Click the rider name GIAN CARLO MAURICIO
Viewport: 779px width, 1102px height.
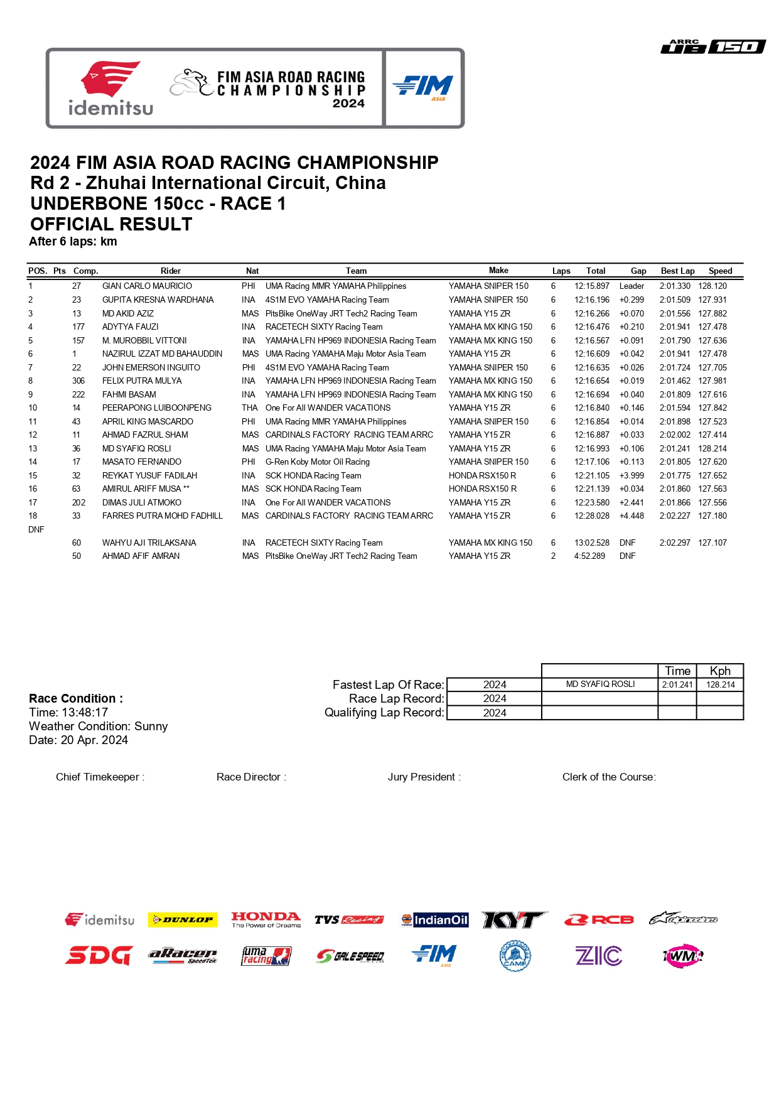pyautogui.click(x=147, y=286)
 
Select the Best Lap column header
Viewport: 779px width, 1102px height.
pyautogui.click(x=677, y=271)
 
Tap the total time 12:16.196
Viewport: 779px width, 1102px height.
pyautogui.click(x=591, y=300)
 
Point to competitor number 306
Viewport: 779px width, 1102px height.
pyautogui.click(x=78, y=381)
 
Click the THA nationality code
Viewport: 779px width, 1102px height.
pyautogui.click(x=249, y=408)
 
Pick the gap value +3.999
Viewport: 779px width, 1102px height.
pyautogui.click(x=631, y=475)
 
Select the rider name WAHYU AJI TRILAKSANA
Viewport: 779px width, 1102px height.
pyautogui.click(x=149, y=543)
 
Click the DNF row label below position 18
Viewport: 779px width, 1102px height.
pyautogui.click(x=36, y=529)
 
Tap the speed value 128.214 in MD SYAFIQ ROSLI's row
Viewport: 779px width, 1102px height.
pyautogui.click(x=712, y=448)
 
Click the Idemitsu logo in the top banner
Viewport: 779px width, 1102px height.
pyautogui.click(x=110, y=89)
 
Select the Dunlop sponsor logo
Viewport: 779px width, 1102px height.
pyautogui.click(x=182, y=920)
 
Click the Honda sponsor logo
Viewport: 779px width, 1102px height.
pyautogui.click(x=266, y=920)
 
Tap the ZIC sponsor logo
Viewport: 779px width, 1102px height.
pyautogui.click(x=598, y=956)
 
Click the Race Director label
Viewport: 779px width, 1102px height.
pyautogui.click(x=251, y=777)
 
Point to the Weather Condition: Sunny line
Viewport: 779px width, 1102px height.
pyautogui.click(x=98, y=726)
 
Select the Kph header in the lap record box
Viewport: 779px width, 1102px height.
pyautogui.click(x=719, y=671)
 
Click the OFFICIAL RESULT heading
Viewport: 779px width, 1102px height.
pyautogui.click(x=111, y=224)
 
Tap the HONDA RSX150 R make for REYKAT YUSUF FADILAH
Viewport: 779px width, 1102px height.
pyautogui.click(x=482, y=475)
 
